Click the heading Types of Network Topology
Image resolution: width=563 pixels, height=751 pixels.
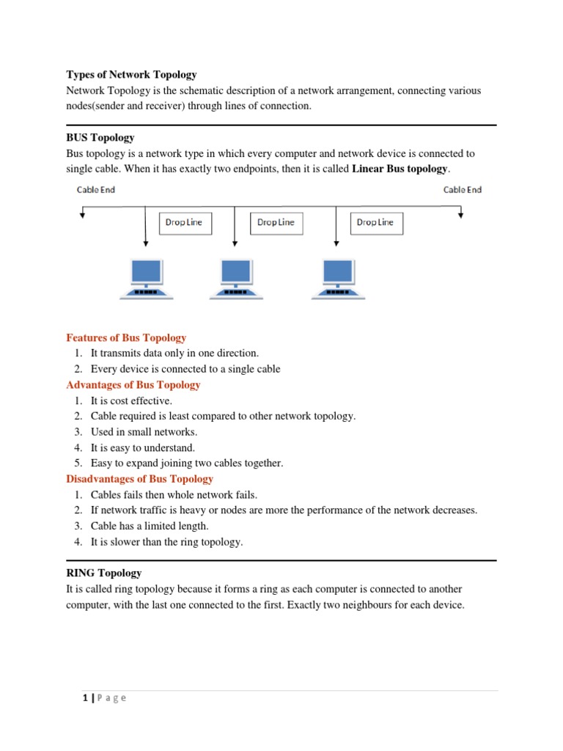(x=131, y=74)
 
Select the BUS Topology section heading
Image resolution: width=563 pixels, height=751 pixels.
(x=100, y=137)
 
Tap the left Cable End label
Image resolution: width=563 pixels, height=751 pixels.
(x=96, y=189)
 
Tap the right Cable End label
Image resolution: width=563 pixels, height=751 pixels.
(x=463, y=189)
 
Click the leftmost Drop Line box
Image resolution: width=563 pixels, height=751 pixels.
(x=184, y=222)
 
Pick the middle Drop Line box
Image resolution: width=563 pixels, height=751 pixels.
(x=276, y=222)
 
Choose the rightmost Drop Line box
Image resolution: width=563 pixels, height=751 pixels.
(x=375, y=222)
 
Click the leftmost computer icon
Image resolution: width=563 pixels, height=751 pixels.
(x=147, y=279)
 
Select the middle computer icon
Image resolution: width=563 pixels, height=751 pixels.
(x=235, y=279)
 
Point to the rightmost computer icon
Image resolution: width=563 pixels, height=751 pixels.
(x=337, y=279)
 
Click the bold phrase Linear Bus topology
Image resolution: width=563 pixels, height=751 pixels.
(x=400, y=169)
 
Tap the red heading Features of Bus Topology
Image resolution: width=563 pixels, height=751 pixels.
(x=126, y=338)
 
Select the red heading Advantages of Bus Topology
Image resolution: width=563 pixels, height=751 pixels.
(x=133, y=385)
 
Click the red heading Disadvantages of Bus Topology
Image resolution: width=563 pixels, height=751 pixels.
(x=139, y=479)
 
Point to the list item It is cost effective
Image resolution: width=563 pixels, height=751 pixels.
(x=131, y=401)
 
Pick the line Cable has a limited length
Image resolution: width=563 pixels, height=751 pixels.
(x=150, y=526)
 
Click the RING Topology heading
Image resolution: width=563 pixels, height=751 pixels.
(x=103, y=573)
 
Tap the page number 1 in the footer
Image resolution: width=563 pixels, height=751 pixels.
(x=85, y=697)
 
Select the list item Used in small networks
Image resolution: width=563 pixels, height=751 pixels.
(x=144, y=432)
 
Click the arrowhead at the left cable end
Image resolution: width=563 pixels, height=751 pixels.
(x=84, y=215)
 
